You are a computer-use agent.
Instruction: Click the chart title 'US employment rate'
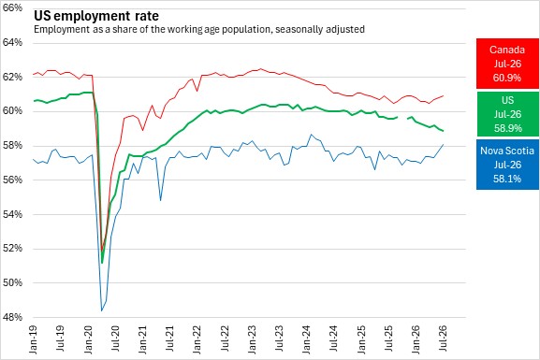96,16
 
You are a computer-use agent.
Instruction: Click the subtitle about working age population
199,29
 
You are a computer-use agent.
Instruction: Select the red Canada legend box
507,64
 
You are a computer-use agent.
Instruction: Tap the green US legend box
507,114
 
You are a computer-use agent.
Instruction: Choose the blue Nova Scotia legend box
507,165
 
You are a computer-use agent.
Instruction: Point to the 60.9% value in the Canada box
507,78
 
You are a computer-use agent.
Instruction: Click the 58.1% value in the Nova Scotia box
507,179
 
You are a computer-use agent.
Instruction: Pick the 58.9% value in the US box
507,128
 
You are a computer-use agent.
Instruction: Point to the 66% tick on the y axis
12,8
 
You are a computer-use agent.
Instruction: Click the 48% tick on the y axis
12,317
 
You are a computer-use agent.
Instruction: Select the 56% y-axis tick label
12,180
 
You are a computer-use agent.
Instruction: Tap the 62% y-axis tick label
12,77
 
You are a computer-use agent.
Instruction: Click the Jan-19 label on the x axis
34,339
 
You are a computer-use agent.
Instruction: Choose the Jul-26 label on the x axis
443,338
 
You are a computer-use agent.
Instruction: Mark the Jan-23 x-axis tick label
252,339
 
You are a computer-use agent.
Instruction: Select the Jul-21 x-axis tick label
169,338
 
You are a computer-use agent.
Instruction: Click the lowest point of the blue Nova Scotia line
102,310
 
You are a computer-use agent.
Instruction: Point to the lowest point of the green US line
102,264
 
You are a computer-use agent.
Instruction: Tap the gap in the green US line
402,118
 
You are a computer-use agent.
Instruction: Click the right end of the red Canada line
443,95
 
